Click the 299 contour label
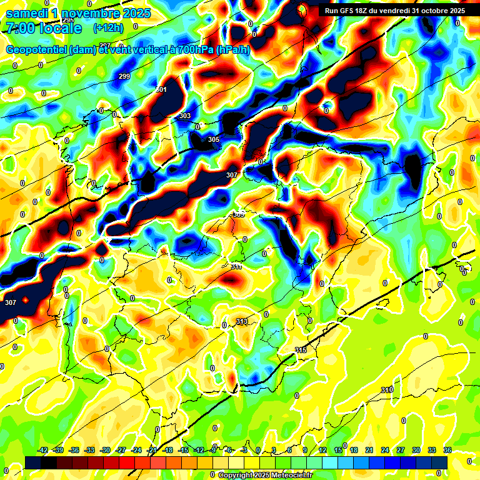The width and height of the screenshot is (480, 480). coord(124,76)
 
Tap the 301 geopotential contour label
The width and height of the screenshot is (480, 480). coord(161,90)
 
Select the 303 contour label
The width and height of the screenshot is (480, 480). coord(185,116)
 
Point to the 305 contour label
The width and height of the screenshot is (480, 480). coord(214,139)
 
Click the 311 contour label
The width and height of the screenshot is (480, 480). coord(236,266)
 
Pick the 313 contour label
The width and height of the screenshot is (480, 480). coord(242,321)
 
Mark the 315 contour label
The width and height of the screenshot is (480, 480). coord(301,350)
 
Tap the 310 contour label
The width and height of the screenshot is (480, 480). coord(387,390)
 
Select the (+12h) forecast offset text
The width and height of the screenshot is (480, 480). coord(107,27)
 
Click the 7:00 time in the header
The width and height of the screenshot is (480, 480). coord(19,28)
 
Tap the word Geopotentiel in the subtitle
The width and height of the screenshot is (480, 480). coord(36,50)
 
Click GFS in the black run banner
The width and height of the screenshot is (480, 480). coord(350,11)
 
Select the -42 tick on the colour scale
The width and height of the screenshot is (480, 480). coord(43,450)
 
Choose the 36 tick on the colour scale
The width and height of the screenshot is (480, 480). coord(447,450)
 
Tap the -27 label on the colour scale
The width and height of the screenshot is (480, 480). coord(121,450)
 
